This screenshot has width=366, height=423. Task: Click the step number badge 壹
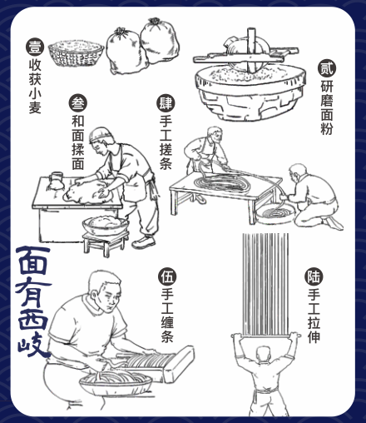point(35,47)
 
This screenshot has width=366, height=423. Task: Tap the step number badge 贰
point(327,68)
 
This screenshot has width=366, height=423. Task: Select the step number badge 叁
point(78,103)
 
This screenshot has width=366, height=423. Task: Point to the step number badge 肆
point(166,103)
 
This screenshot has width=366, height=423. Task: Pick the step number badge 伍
point(167,277)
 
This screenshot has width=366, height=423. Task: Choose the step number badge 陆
point(314,276)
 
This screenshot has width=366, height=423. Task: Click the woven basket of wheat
point(76,53)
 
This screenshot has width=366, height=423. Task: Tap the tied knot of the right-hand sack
point(154,22)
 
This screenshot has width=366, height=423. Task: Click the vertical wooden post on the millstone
point(251,50)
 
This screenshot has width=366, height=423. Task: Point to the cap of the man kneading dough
point(101,133)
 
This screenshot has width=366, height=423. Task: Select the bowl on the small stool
point(106,225)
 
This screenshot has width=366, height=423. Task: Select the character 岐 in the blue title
point(34,344)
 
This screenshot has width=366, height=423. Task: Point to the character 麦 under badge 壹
point(35,107)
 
